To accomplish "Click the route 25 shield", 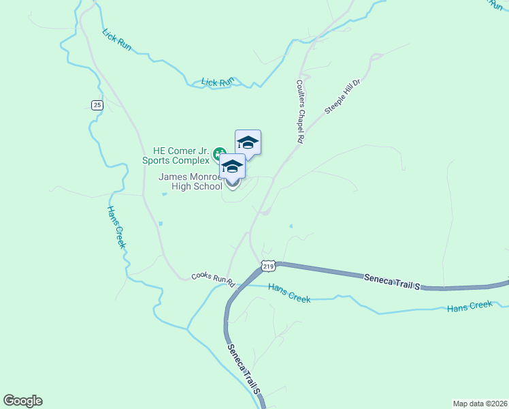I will tap(97, 104).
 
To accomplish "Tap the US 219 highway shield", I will tap(267, 265).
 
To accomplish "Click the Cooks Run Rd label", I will tap(212, 279).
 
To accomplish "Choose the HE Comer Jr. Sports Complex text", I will tap(176, 156).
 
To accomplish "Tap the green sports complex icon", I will tap(219, 152).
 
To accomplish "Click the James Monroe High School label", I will tap(191, 181).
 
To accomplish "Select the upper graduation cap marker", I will tap(248, 142).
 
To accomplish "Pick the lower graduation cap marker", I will tap(232, 166).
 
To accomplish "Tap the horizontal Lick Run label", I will tap(217, 82).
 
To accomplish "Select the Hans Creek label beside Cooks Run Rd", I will tap(289, 293).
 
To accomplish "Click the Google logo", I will tap(22, 401).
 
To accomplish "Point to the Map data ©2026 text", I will tap(480, 404).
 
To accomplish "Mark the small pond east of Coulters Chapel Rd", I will tap(291, 226).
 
